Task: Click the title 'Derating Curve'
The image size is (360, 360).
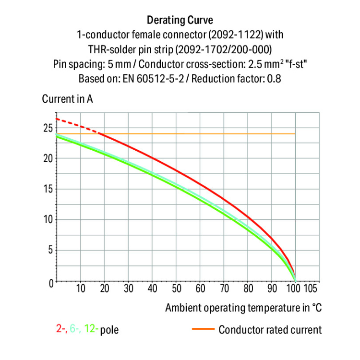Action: (x=180, y=21)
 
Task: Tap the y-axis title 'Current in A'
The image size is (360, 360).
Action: (x=67, y=99)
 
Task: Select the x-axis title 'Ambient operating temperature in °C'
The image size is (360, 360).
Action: (x=243, y=308)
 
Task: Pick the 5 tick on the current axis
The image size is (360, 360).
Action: (x=50, y=251)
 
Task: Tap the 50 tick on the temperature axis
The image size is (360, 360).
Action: (x=176, y=289)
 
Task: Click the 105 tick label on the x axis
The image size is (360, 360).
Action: (x=311, y=289)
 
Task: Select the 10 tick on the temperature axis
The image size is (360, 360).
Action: (x=81, y=289)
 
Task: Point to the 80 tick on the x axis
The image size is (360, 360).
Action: (x=248, y=289)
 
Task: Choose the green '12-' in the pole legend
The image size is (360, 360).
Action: (x=91, y=329)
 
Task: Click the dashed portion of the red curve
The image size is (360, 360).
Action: (x=77, y=125)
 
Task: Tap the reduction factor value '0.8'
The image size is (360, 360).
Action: (x=274, y=78)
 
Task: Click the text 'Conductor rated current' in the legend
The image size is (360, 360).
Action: (x=270, y=329)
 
